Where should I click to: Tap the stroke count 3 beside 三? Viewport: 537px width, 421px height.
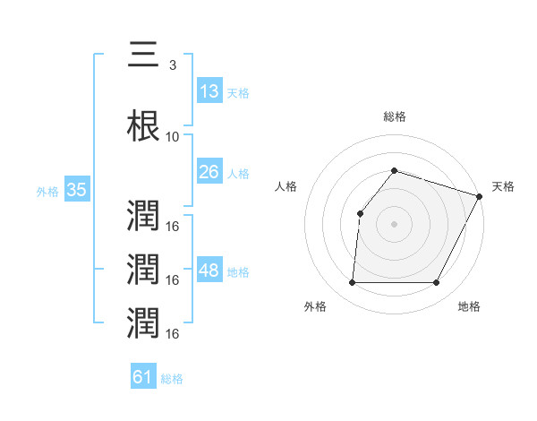[173, 65]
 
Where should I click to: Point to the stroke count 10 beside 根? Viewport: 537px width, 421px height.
[173, 138]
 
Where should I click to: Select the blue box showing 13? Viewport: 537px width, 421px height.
[209, 91]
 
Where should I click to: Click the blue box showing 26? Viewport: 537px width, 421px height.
[209, 172]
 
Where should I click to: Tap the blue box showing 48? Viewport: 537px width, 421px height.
[209, 271]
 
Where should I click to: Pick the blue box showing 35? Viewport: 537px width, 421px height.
[76, 190]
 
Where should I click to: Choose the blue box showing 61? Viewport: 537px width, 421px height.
[143, 377]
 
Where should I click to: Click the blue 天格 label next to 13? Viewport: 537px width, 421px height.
[238, 93]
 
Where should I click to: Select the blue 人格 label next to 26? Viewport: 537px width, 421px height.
[238, 174]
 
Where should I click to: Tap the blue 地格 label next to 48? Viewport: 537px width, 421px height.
[238, 272]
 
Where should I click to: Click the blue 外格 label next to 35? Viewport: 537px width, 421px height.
[47, 192]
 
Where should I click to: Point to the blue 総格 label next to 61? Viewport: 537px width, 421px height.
[172, 379]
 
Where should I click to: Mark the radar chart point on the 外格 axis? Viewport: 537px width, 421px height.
[352, 283]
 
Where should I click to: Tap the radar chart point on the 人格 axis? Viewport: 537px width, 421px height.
[360, 213]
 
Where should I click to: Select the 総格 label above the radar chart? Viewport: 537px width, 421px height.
[395, 116]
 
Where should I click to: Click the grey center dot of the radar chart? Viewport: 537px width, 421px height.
[394, 224]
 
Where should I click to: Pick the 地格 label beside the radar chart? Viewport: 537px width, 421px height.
[469, 306]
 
